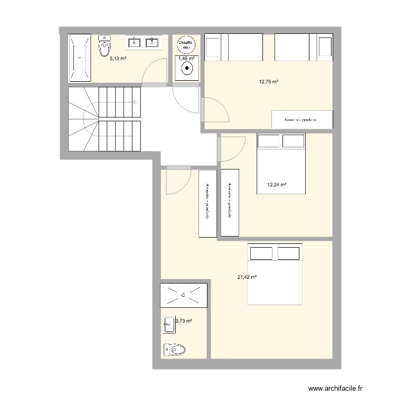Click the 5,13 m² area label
(x=118, y=59)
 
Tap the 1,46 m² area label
(x=186, y=59)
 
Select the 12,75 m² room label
(x=268, y=82)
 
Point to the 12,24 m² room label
(x=277, y=185)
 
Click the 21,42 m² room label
(x=247, y=277)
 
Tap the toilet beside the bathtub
(x=105, y=46)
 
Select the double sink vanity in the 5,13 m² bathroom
(x=143, y=42)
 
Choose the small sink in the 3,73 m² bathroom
(x=169, y=324)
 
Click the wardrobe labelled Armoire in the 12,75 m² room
(x=301, y=120)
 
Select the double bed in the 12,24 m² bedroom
(x=280, y=164)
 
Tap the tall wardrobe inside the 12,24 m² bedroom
(x=230, y=202)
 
